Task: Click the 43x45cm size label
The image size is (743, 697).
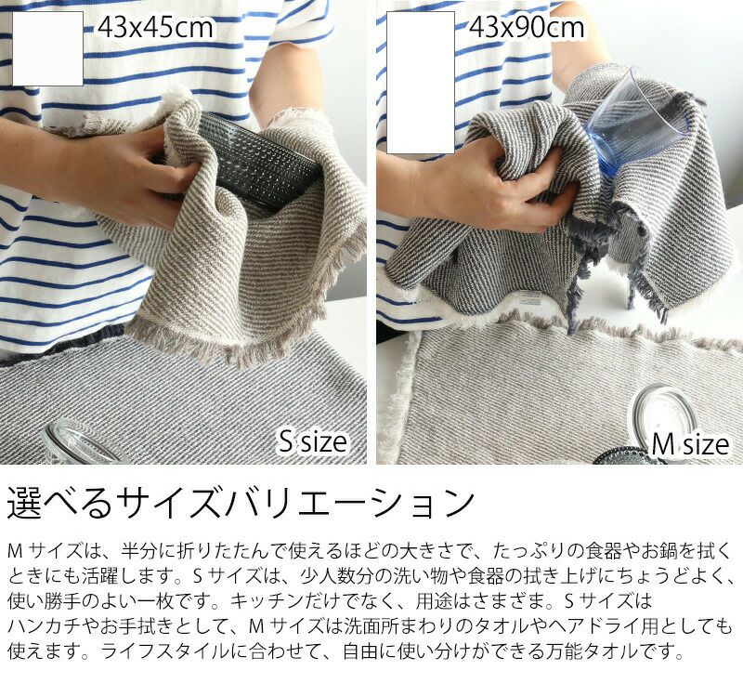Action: click(155, 28)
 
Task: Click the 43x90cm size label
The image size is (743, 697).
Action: click(527, 28)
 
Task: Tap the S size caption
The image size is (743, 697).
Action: click(313, 441)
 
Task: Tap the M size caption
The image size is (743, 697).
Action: click(690, 444)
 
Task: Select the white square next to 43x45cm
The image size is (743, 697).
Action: click(47, 48)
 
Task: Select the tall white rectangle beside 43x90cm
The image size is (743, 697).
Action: click(421, 83)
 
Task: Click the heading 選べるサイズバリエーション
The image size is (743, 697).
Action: click(241, 503)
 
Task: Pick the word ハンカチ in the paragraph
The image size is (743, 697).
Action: click(44, 626)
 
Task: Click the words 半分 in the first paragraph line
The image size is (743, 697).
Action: click(138, 551)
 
